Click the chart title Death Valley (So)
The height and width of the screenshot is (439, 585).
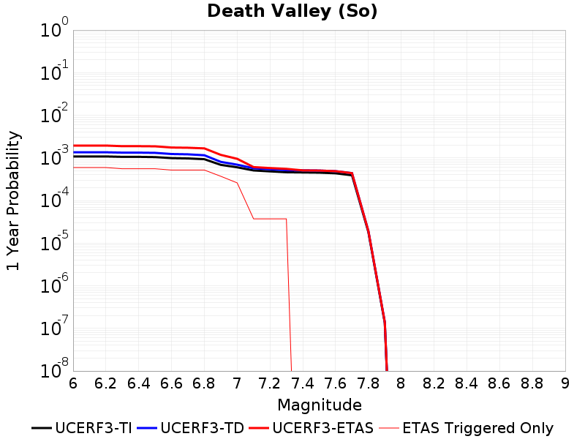point(292,11)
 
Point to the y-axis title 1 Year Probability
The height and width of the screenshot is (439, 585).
point(13,200)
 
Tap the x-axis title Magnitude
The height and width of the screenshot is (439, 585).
point(320,405)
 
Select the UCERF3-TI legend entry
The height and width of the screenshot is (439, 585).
point(82,428)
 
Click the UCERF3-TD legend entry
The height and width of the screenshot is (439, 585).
point(191,428)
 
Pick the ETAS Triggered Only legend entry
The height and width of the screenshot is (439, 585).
point(466,428)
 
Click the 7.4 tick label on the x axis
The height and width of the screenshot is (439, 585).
point(303,383)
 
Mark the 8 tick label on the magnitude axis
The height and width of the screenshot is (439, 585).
point(401,383)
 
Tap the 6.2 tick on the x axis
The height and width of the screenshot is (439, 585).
point(105,383)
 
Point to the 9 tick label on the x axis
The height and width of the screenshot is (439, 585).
point(565,383)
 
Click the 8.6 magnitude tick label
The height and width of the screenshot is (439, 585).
point(499,383)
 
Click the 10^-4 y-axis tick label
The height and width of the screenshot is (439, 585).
point(54,198)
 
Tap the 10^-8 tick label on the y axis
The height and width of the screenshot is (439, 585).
point(54,368)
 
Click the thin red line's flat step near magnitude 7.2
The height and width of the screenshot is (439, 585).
point(270,219)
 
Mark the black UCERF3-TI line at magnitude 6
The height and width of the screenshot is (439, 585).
point(74,157)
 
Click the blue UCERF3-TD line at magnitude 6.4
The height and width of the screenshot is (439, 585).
point(138,153)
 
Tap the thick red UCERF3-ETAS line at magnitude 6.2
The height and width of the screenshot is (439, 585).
point(105,146)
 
